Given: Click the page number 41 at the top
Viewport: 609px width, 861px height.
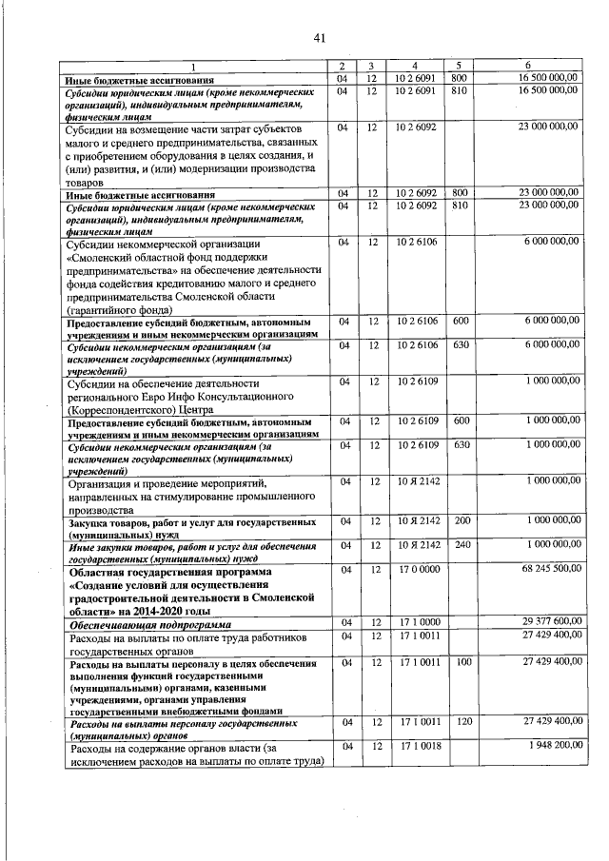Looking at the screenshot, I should pyautogui.click(x=319, y=37).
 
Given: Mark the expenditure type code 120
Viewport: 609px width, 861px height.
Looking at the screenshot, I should pyautogui.click(x=462, y=722).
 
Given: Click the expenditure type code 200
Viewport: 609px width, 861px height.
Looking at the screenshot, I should pyautogui.click(x=462, y=521).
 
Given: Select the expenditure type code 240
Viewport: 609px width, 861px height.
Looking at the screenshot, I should pyautogui.click(x=462, y=544).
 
